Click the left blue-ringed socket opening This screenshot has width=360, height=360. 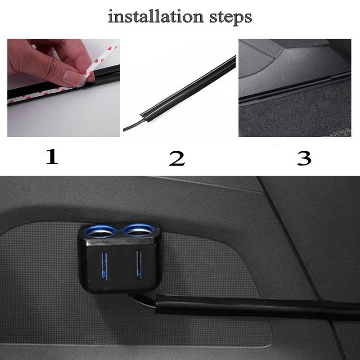click(100, 232)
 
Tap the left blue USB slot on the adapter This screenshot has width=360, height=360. click(104, 265)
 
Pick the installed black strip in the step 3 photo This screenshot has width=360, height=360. click(292, 88)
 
